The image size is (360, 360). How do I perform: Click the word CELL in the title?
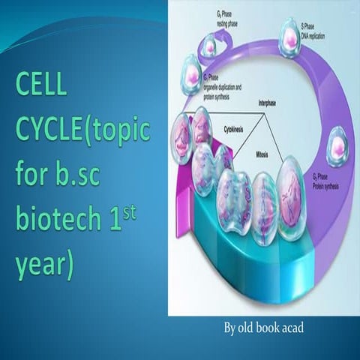(x=41, y=87)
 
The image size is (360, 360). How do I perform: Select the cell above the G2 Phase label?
(x=338, y=145)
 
